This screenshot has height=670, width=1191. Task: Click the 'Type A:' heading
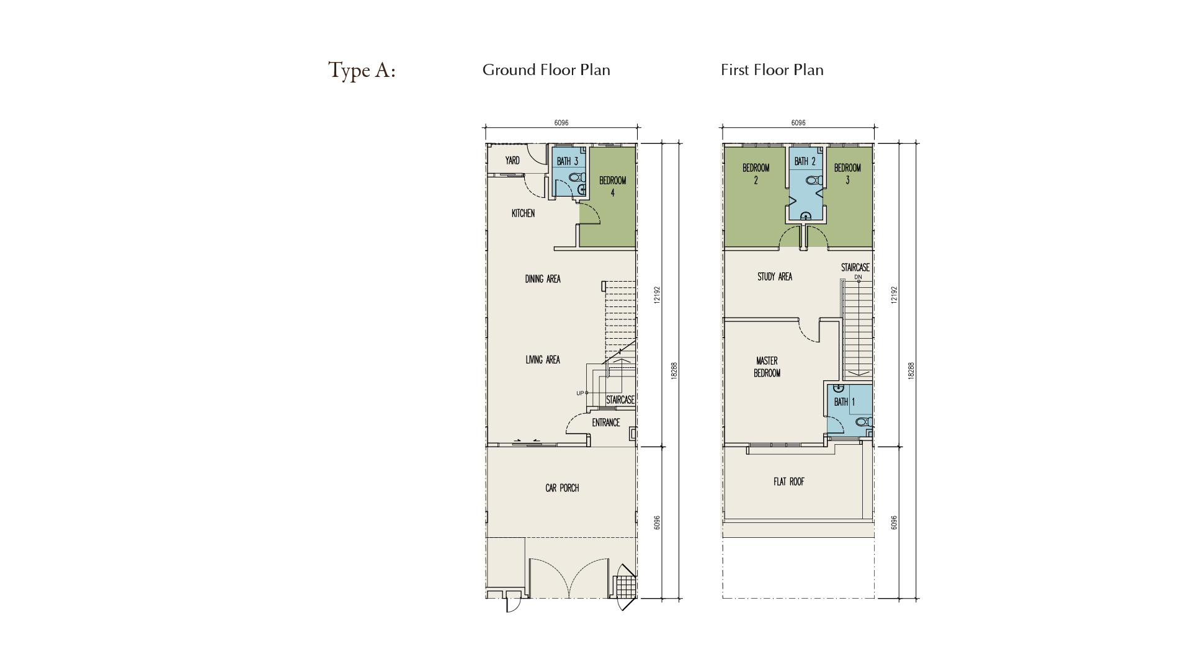coord(362,71)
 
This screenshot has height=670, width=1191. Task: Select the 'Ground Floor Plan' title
coord(546,69)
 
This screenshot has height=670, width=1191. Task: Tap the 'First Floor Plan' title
coord(772,69)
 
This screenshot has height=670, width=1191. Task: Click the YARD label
coord(512,161)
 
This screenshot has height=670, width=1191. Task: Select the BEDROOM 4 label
coord(613,187)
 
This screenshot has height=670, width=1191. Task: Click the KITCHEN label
coord(523,213)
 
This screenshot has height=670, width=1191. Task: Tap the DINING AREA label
coord(543,279)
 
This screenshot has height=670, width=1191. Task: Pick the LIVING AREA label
coord(543,360)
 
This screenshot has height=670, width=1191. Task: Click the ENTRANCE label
coord(606,423)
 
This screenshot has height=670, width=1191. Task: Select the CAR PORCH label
coord(562,488)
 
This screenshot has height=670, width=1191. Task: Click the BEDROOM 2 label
coord(756,174)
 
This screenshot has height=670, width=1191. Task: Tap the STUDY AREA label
coord(775,277)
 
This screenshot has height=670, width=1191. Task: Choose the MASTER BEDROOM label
coord(767,367)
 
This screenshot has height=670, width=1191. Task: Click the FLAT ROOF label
coord(789,481)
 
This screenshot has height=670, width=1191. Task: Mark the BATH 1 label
coord(844,402)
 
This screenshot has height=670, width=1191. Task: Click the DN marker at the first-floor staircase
coord(858,277)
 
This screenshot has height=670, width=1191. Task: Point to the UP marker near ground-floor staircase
coord(580,393)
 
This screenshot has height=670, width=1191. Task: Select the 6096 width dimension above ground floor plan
coord(561,123)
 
